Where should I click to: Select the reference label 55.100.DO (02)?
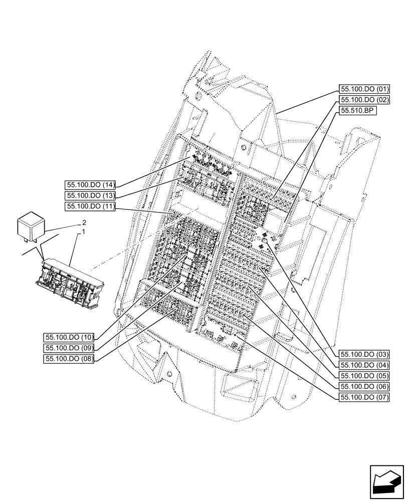pos(365,100)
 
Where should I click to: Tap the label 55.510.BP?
pos(358,111)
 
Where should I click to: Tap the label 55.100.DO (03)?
pos(365,354)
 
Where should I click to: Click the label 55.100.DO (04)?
pos(365,365)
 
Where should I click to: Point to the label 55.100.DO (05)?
pos(365,376)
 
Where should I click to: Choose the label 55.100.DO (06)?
pos(365,386)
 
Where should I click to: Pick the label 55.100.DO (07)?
pos(365,397)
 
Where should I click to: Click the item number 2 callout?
pos(84,222)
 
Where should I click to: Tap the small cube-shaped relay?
pos(31,226)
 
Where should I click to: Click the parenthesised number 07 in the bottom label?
pos(383,397)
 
